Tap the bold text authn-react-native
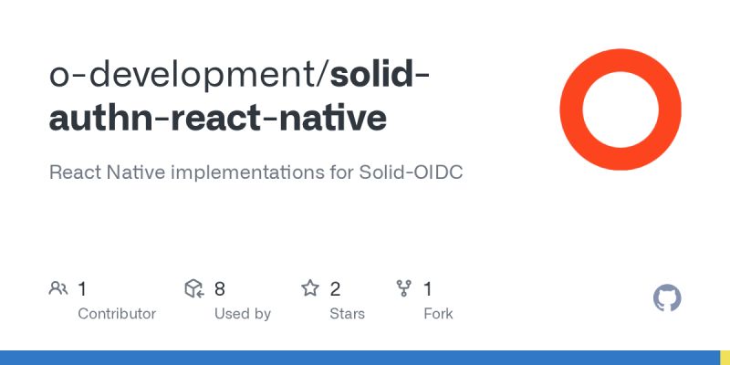click(217, 119)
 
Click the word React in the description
click(77, 172)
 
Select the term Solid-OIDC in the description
click(416, 172)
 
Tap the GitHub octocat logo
click(668, 298)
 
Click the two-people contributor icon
click(58, 289)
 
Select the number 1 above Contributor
click(82, 289)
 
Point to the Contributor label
click(117, 314)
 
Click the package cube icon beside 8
click(193, 289)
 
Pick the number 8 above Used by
click(220, 289)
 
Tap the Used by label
click(243, 314)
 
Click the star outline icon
click(310, 289)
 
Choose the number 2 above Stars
click(335, 289)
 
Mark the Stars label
click(347, 314)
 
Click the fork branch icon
click(403, 289)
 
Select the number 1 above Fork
click(427, 289)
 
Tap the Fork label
click(438, 314)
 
